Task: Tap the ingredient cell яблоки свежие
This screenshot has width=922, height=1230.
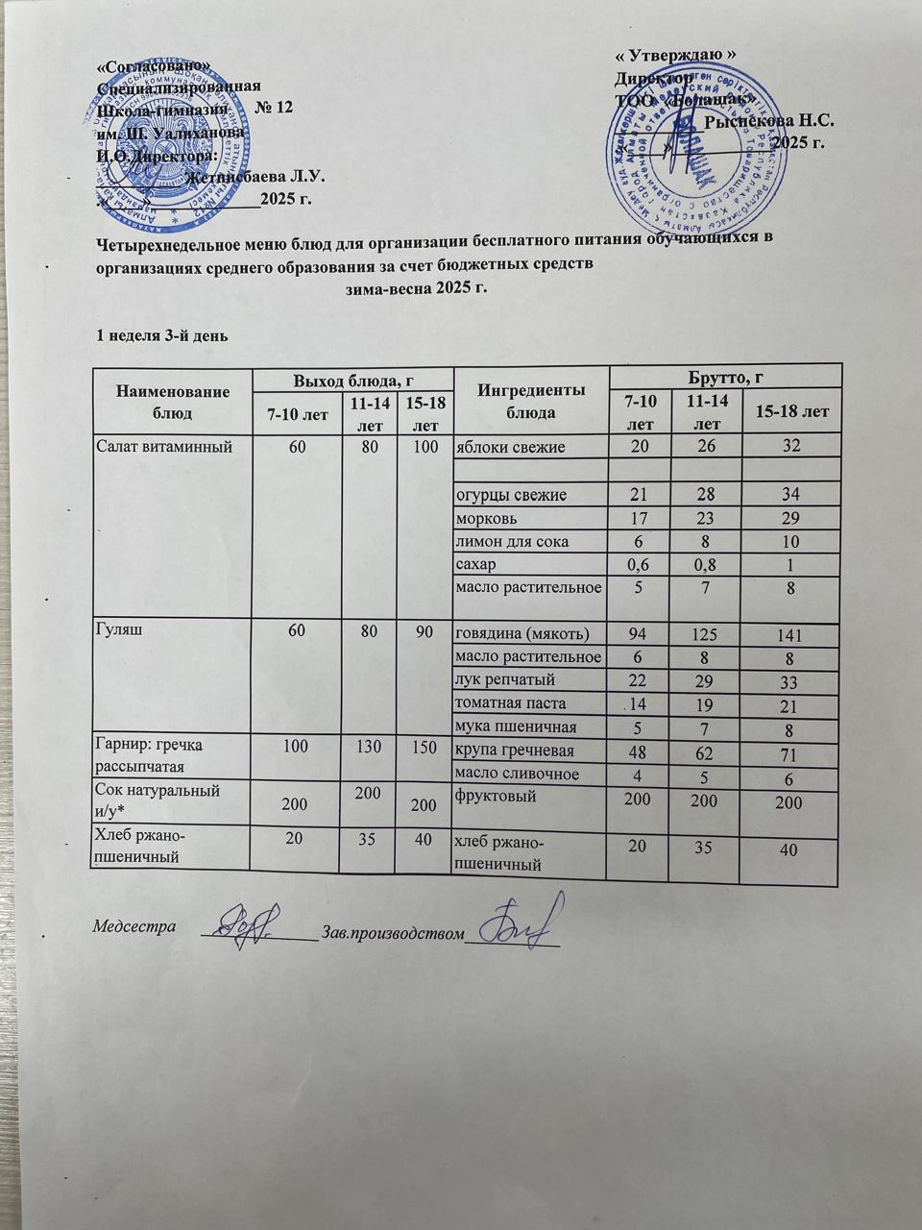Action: coord(510,447)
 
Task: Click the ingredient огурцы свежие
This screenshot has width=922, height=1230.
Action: coord(510,495)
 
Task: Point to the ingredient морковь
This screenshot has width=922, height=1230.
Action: coord(485,518)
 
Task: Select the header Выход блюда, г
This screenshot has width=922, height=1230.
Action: coord(352,381)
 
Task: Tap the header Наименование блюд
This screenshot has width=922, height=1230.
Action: coord(173,402)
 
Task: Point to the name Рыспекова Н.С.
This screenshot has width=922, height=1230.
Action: coord(768,121)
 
